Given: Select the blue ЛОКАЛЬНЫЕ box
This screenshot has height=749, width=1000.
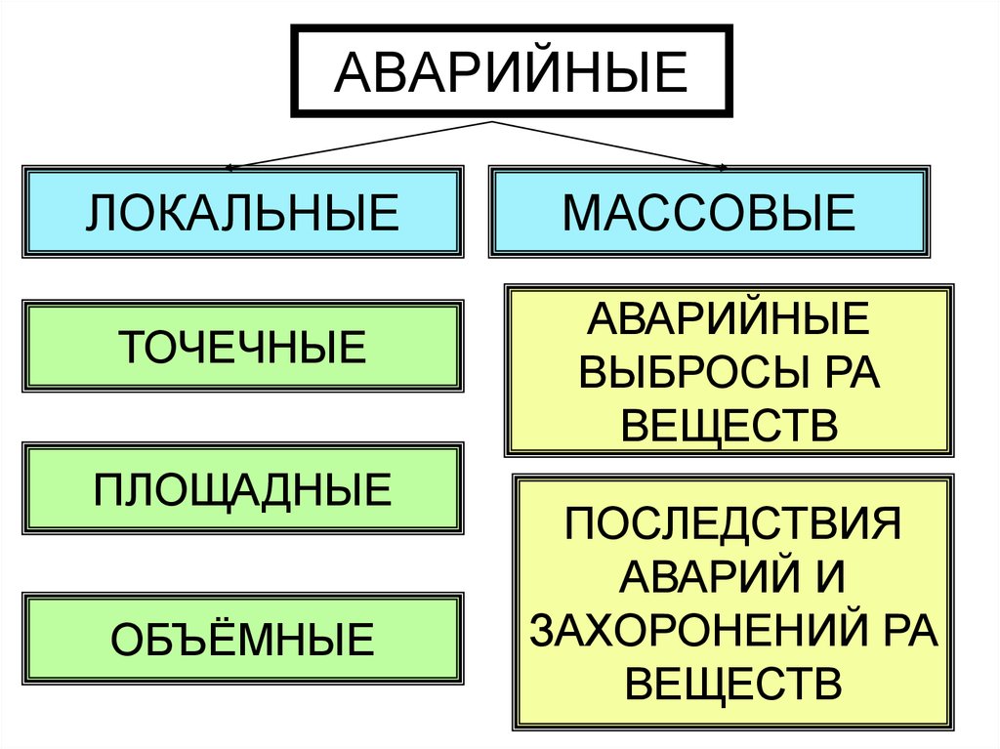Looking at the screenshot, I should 242,212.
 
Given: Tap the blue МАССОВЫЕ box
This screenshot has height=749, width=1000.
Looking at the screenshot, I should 709,212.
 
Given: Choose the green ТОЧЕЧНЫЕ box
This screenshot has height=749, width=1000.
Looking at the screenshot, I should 242,347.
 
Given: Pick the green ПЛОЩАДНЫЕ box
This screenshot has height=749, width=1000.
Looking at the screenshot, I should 242,489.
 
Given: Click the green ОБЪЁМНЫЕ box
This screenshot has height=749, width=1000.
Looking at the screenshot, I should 242,639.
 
